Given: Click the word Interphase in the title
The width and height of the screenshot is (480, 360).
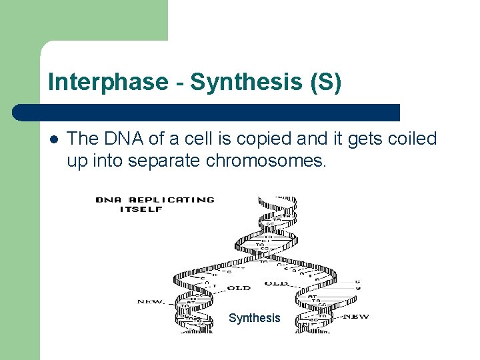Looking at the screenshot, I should click(x=108, y=82).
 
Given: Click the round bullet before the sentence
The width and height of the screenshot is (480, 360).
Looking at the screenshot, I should click(x=53, y=139).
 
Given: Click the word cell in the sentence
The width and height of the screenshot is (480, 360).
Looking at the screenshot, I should click(x=189, y=139).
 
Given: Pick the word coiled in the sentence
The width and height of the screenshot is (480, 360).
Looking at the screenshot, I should click(x=410, y=139).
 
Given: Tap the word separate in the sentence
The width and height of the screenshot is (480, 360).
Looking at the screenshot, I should click(x=164, y=161).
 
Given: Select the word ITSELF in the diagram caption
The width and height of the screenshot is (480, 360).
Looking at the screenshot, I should click(x=141, y=209).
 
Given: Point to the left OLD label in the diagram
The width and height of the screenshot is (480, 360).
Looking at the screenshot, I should click(x=238, y=287).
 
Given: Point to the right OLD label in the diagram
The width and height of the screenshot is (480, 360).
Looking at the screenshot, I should click(x=276, y=283).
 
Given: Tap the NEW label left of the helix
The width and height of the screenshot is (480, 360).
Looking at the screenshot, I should click(x=151, y=302).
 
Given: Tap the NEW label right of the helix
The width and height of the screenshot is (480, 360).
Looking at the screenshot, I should click(x=355, y=316).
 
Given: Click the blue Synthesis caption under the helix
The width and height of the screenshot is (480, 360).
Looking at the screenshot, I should click(x=255, y=318).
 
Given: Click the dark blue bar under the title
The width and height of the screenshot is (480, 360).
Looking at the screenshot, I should click(x=207, y=112).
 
